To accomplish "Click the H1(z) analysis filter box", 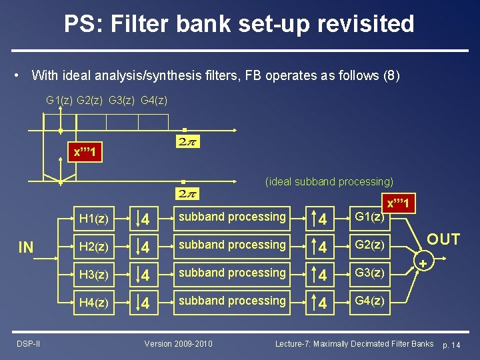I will [x=94, y=217].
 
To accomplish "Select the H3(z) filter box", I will [x=94, y=273].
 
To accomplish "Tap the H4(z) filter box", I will [x=94, y=301].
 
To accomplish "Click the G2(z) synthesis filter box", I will [x=369, y=245].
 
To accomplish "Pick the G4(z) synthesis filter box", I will [x=369, y=301].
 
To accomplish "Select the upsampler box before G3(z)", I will [x=321, y=273].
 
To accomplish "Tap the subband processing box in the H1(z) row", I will [x=232, y=217].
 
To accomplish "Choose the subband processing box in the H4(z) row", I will [x=232, y=301].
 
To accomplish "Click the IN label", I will [x=25, y=248].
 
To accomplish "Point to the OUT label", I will [x=443, y=240].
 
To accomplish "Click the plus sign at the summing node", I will [x=423, y=265].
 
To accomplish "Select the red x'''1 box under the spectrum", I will [x=85, y=152].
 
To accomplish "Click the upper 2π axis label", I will [x=187, y=141].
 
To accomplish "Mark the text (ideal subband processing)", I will [x=329, y=181].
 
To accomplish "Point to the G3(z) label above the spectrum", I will [x=122, y=100].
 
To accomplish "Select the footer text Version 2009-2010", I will [x=179, y=343].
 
